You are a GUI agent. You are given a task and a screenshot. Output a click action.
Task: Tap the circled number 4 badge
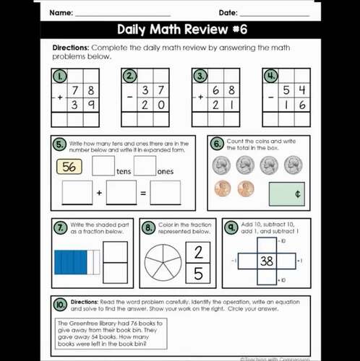pos(270,76)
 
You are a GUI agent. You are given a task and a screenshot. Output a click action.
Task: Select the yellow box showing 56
pos(69,167)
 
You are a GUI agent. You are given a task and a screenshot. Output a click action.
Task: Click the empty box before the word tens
pos(103,167)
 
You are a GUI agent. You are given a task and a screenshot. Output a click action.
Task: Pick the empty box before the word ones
pos(145,167)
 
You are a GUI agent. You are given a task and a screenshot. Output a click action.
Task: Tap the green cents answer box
pos(286,193)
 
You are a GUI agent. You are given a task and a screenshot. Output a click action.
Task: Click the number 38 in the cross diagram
pos(267,261)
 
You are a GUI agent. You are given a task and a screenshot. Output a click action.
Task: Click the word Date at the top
pos(228,13)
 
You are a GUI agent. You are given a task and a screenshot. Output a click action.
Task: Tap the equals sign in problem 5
pos(143,193)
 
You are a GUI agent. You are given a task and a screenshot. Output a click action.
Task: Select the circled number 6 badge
pos(217,144)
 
